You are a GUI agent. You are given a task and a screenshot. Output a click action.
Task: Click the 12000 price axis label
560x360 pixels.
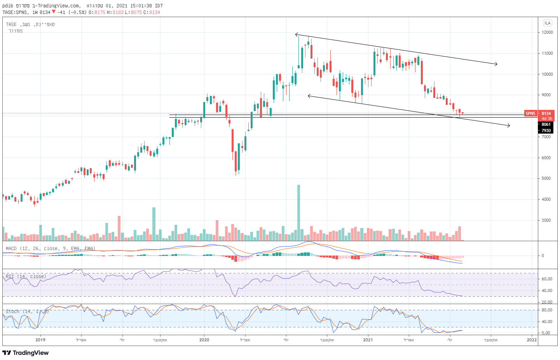(x=547, y=32)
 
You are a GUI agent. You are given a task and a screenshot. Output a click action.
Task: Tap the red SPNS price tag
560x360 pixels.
(x=530, y=113)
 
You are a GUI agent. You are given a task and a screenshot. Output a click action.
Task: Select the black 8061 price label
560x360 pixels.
(x=546, y=125)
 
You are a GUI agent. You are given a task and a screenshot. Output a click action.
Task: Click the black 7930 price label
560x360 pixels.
(x=546, y=130)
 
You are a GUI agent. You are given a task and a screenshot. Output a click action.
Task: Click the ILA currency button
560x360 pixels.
(x=548, y=23)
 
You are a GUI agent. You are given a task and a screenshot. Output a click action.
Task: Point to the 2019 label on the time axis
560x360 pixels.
(x=40, y=340)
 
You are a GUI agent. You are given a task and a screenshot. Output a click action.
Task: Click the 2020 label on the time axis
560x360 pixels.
(x=204, y=340)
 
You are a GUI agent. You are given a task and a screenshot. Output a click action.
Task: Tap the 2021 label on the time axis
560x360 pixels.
(x=368, y=340)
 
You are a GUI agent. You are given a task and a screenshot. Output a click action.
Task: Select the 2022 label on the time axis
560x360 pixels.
(x=532, y=340)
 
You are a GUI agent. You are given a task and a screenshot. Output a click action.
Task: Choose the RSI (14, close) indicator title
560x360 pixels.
(x=26, y=277)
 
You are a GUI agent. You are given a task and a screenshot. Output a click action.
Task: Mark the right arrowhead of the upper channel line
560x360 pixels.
(x=497, y=64)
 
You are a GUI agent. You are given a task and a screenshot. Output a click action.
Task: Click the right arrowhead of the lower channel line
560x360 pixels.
(x=509, y=125)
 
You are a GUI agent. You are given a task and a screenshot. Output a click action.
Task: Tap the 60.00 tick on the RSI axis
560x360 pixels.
(x=547, y=279)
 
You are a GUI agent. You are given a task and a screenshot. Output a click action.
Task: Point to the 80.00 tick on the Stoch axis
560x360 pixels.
(x=547, y=310)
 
